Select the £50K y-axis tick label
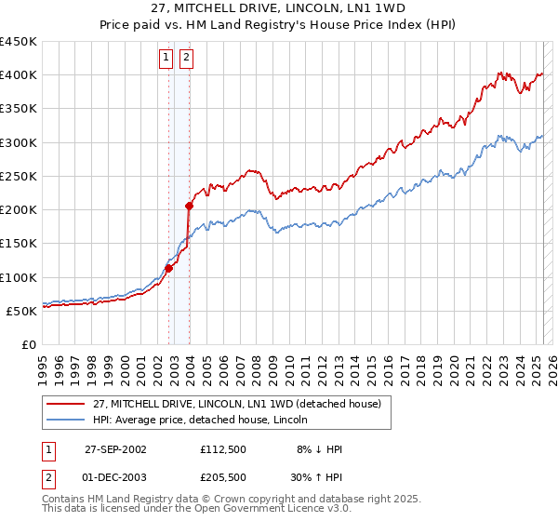pos(21,311)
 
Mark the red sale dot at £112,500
pos(169,269)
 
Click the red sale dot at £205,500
pos(189,206)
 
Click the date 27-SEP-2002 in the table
pos(115,449)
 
